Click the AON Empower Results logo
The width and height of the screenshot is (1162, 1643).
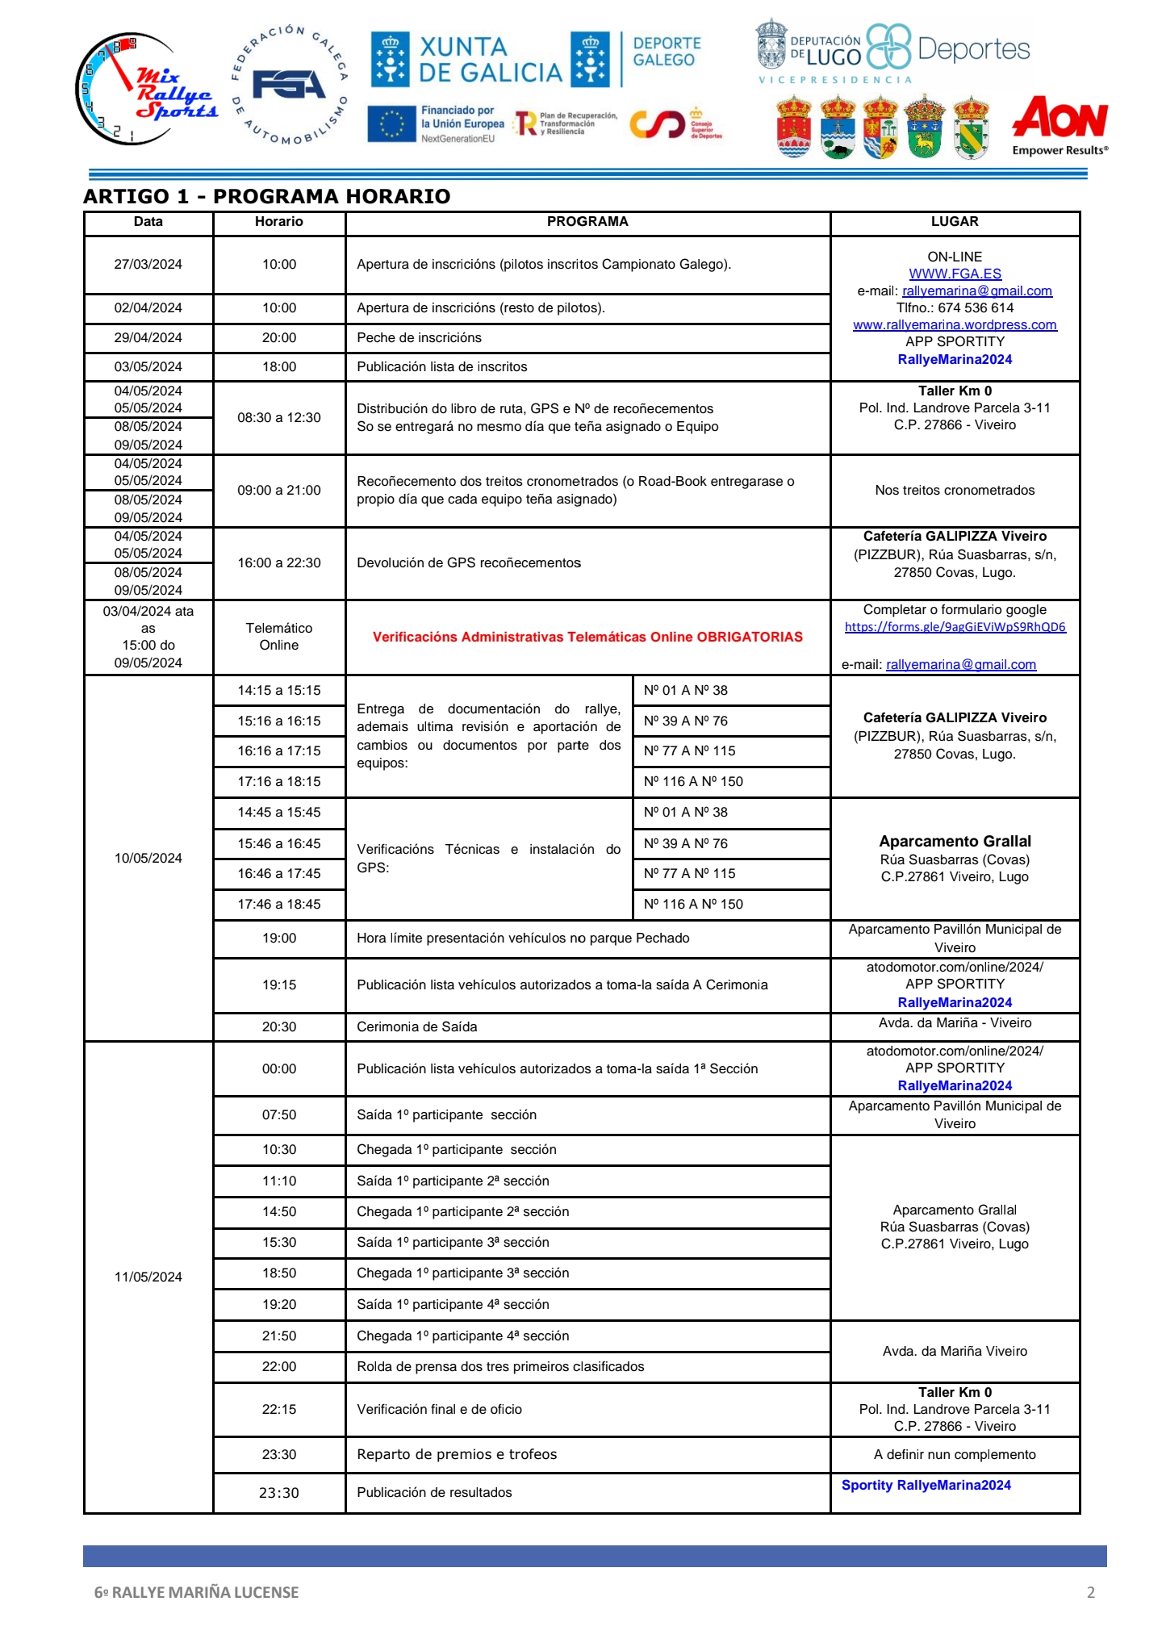click(1060, 125)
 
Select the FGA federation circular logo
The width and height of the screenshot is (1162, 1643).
click(290, 86)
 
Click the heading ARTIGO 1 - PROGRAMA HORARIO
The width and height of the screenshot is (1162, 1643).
click(266, 196)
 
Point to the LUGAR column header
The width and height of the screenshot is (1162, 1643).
click(954, 222)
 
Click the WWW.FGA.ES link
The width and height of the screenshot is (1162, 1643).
click(955, 274)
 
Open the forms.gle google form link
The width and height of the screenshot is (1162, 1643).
click(955, 627)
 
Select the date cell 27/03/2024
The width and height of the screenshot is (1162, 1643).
click(148, 265)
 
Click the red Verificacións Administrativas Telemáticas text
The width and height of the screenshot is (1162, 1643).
click(587, 638)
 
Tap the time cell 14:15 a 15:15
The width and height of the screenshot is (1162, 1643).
click(278, 691)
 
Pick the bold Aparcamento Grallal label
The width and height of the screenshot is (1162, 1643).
click(955, 841)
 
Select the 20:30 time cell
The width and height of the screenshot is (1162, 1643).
click(278, 1027)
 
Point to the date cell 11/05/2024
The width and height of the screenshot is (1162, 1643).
click(148, 1277)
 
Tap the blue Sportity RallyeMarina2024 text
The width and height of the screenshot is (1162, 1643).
click(926, 1486)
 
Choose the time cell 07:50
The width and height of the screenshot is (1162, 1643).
click(278, 1115)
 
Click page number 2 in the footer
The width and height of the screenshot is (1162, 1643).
click(1091, 1592)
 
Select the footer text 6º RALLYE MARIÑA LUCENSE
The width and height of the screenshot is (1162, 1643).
click(196, 1592)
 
